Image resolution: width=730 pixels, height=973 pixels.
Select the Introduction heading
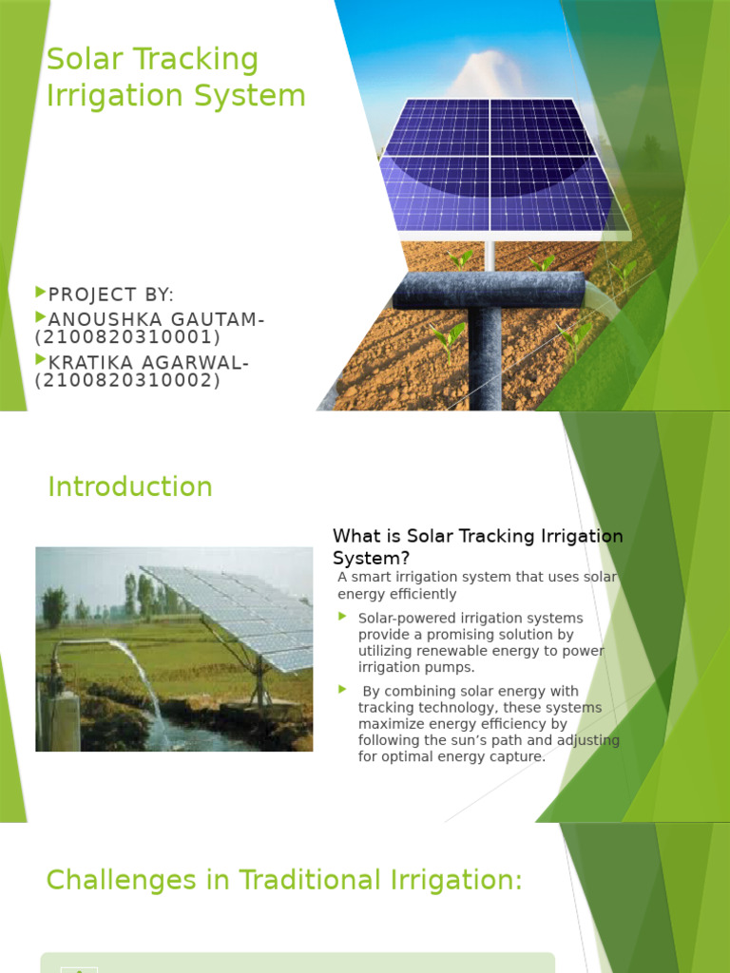point(130,486)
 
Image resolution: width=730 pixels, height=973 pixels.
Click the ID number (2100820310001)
point(127,337)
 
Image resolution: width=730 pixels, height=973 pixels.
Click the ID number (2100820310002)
point(127,381)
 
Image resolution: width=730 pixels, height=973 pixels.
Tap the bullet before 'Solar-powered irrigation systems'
point(343,618)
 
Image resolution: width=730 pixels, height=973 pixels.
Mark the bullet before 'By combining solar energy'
point(343,690)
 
